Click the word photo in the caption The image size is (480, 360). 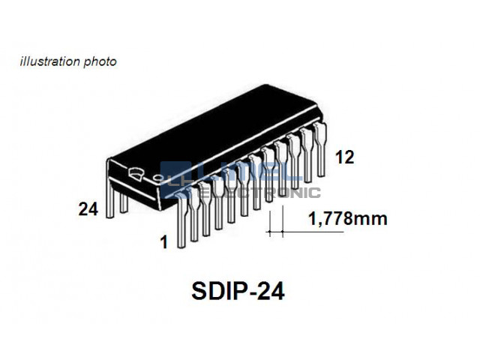100,62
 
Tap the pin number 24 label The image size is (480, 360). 88,209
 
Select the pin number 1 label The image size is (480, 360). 164,242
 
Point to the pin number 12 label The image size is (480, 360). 345,157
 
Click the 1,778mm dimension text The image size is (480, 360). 348,219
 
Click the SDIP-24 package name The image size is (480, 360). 238,291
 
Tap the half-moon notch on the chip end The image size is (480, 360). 136,173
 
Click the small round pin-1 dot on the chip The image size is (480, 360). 158,178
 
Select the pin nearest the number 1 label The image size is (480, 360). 181,220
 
